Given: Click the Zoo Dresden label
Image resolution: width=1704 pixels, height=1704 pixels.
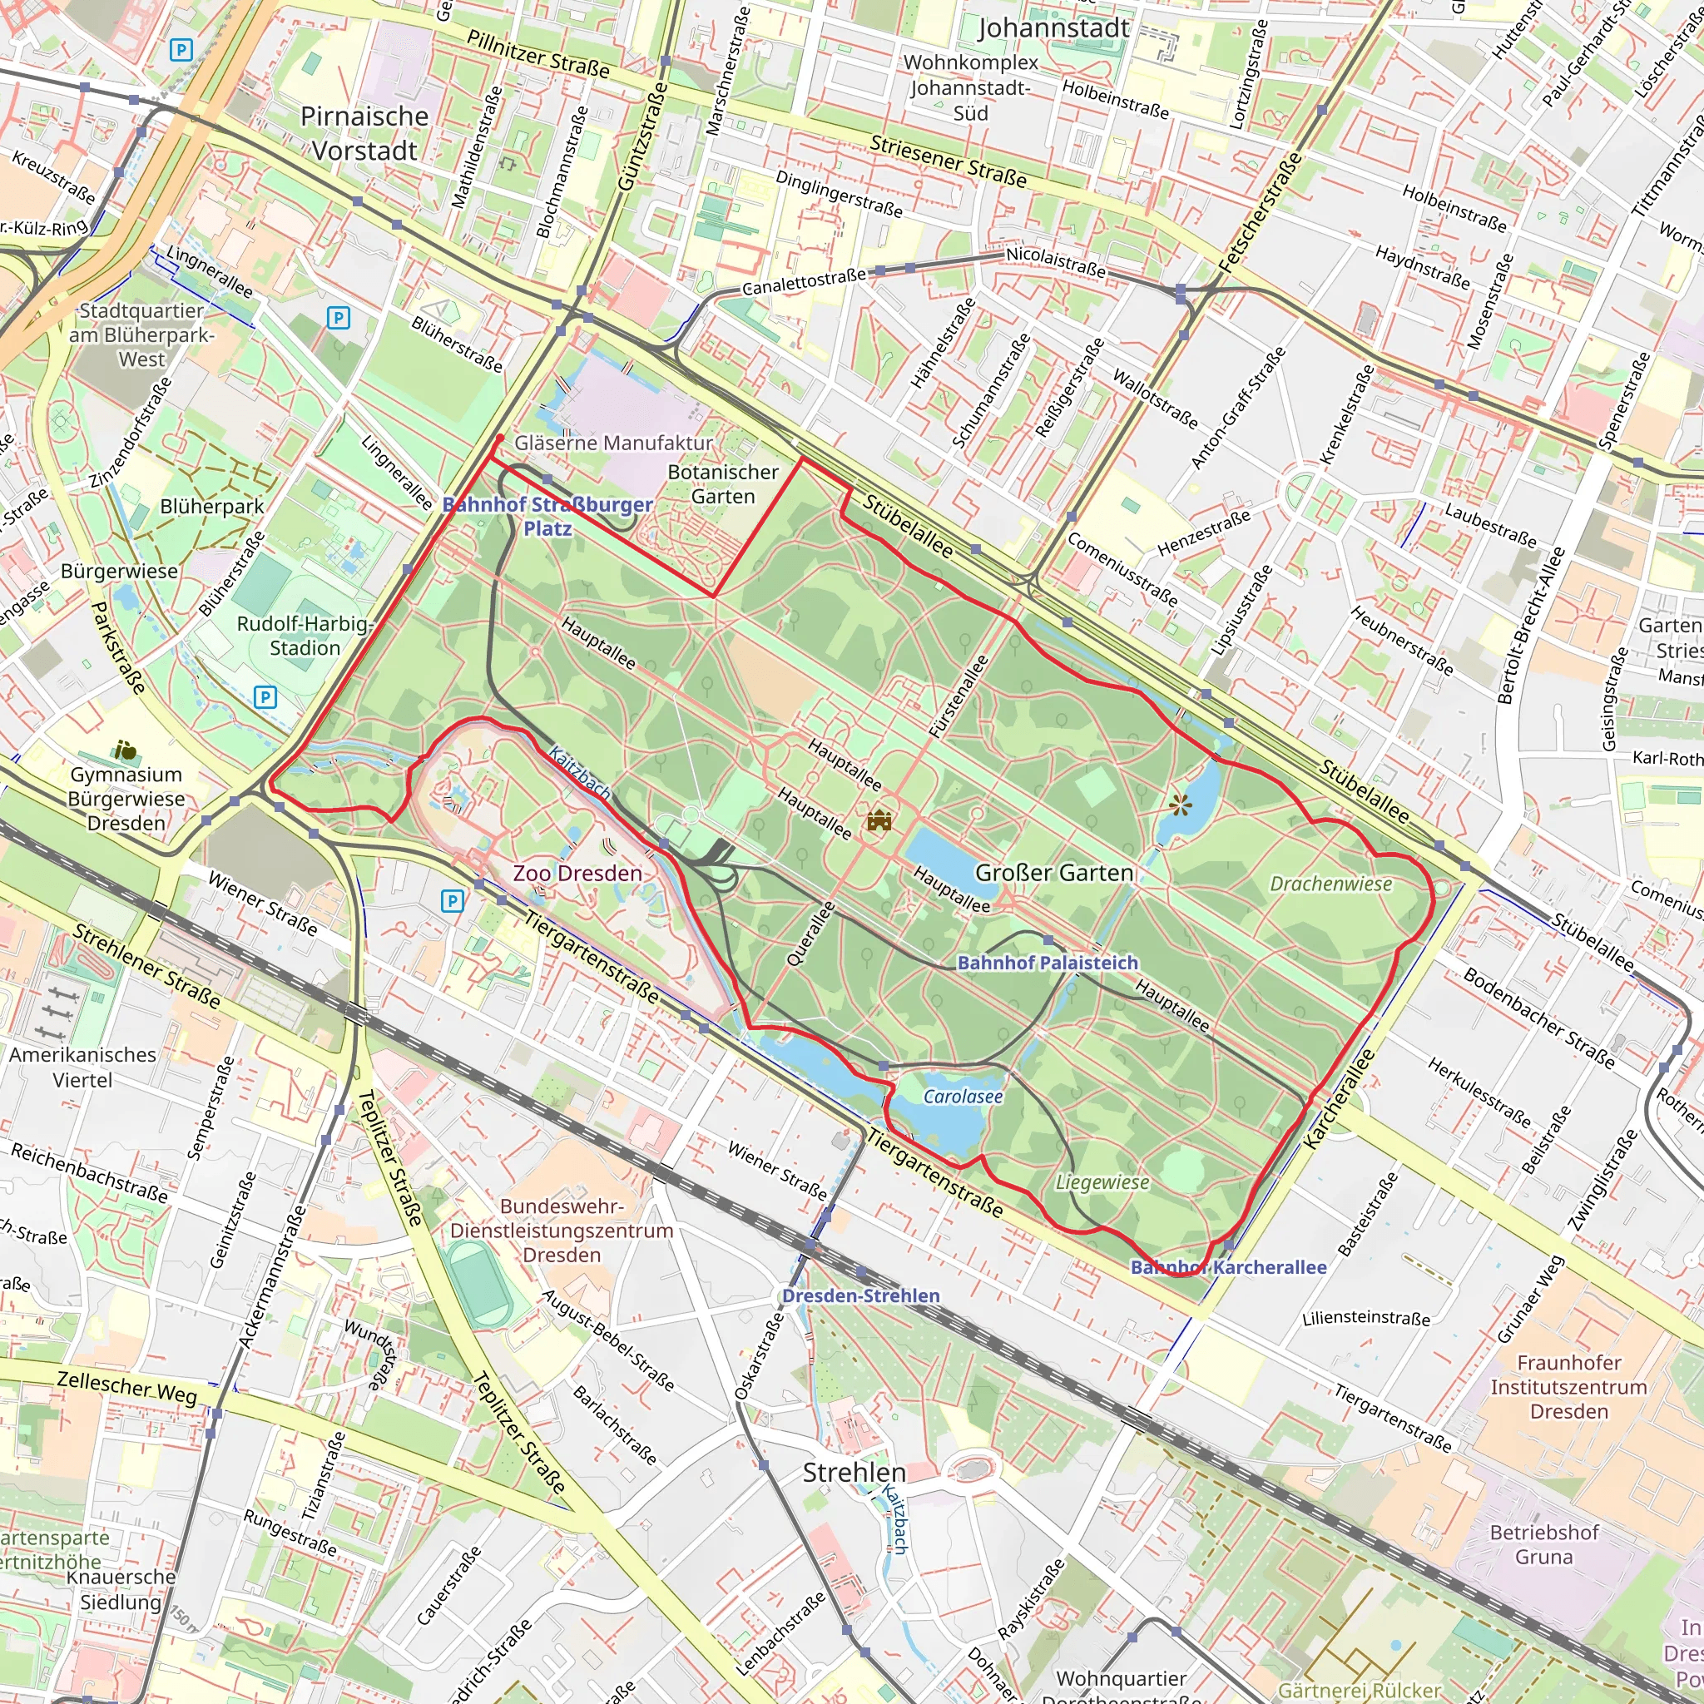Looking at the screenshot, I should click(x=577, y=873).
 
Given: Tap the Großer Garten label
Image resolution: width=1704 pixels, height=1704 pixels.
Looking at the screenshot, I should click(x=1054, y=872).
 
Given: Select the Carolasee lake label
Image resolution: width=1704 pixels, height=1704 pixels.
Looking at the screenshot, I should click(x=963, y=1097).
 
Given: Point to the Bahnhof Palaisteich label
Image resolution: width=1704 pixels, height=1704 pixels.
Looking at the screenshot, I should click(x=1048, y=963).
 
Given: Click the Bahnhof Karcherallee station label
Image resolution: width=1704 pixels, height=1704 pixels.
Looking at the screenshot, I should click(x=1229, y=1267).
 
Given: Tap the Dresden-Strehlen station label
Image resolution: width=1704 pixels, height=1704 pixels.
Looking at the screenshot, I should click(x=861, y=1295).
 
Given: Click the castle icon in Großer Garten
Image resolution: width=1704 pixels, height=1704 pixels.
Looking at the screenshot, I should click(x=879, y=821).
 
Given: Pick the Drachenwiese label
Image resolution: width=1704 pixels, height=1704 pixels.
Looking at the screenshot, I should click(x=1331, y=884).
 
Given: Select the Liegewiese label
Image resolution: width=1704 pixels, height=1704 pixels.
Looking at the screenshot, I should click(x=1102, y=1183).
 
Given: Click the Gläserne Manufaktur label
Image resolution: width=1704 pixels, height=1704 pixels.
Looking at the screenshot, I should click(x=614, y=443).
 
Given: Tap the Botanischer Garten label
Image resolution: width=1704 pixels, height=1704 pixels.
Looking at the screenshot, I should click(x=723, y=484).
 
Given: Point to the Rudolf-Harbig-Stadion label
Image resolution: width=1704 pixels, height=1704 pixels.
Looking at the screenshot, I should click(x=305, y=635).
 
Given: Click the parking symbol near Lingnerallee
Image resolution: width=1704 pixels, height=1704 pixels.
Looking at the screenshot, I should click(x=338, y=318).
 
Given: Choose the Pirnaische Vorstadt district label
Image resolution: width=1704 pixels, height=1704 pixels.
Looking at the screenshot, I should click(x=364, y=133).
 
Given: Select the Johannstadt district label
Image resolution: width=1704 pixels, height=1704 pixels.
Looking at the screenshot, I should click(x=1053, y=28).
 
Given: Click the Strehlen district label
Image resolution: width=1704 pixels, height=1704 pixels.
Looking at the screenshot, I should click(x=854, y=1472).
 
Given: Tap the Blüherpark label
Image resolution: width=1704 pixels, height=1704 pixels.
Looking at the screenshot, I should click(x=211, y=506).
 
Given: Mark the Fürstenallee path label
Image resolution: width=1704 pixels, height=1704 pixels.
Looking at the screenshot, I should click(x=958, y=696).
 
